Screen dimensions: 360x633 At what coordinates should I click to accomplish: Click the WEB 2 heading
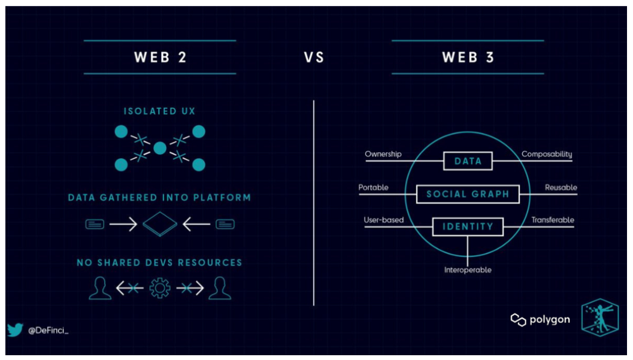[160, 58]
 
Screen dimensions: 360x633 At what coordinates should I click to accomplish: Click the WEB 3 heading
[468, 58]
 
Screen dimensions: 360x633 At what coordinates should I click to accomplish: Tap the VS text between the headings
[314, 58]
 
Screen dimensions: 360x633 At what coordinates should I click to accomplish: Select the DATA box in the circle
[468, 161]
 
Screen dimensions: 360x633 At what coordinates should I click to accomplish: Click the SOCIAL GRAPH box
[468, 194]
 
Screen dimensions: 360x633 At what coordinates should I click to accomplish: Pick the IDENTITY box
[468, 226]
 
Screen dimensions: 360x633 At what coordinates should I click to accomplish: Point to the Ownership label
[383, 154]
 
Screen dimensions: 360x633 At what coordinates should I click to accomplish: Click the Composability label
[546, 154]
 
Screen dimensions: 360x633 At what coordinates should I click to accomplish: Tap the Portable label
[373, 187]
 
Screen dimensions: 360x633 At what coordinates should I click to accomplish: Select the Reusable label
[561, 187]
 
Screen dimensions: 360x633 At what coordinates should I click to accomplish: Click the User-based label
[383, 220]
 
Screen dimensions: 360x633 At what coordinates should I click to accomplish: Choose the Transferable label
[552, 220]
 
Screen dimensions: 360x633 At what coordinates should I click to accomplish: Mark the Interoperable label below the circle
[468, 270]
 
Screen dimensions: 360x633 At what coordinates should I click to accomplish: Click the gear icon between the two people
[160, 289]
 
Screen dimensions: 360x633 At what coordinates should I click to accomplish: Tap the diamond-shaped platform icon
[160, 225]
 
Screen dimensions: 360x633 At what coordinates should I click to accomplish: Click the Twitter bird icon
[15, 330]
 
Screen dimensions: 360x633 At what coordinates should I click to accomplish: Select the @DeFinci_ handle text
[49, 331]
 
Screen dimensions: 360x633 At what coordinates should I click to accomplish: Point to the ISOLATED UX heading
[160, 111]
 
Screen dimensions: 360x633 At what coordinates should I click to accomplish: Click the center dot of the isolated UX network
[160, 147]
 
